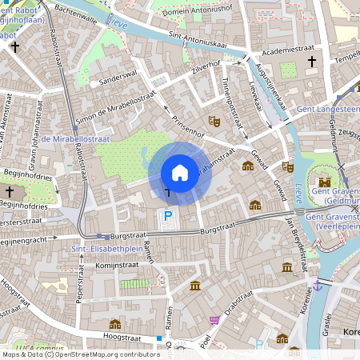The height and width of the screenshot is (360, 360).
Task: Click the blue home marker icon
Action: [180, 172]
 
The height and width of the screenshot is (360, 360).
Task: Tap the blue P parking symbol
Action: [167, 215]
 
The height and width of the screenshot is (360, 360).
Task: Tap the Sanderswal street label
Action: [114, 80]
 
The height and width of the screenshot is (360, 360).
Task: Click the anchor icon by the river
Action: [318, 285]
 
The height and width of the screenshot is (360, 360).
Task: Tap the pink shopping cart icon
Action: [214, 320]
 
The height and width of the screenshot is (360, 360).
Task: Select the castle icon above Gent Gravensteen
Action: [324, 182]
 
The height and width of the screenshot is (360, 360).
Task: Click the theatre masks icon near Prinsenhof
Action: [214, 121]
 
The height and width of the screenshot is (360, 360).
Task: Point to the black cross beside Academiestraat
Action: [312, 60]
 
